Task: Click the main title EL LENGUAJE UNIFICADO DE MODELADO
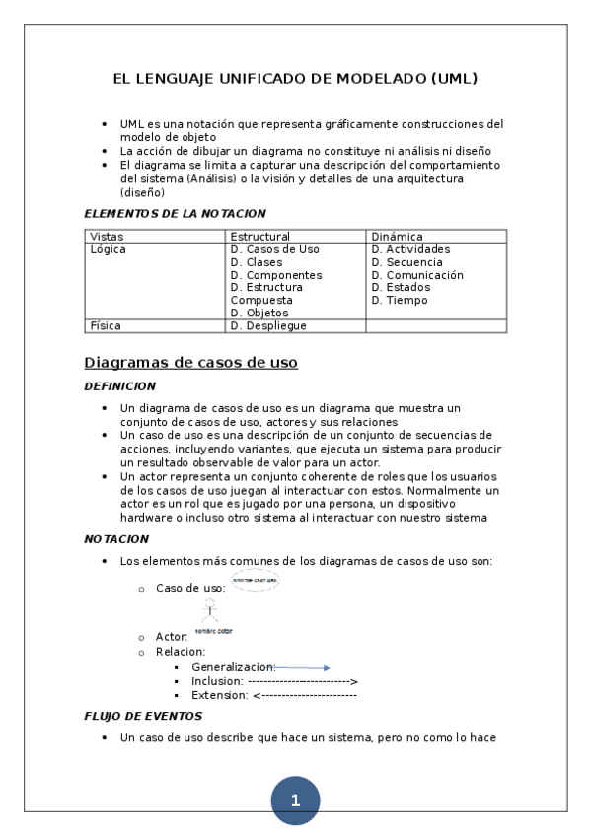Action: (x=295, y=79)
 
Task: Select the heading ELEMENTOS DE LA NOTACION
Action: (x=175, y=213)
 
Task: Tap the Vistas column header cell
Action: (x=108, y=237)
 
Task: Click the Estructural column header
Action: (x=259, y=237)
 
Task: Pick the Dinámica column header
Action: (x=397, y=237)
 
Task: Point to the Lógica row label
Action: (x=108, y=249)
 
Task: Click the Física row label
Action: (x=106, y=325)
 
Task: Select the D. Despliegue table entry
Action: (x=268, y=325)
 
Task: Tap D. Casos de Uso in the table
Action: (x=274, y=249)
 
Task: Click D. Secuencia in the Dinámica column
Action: (x=406, y=262)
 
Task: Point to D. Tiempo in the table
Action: (x=400, y=300)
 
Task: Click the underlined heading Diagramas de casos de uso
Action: (x=191, y=363)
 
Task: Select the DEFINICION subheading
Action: (x=119, y=386)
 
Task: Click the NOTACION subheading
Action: (x=116, y=539)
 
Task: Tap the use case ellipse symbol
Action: (x=255, y=581)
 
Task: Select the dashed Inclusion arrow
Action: (x=303, y=681)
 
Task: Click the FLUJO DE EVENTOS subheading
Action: (x=143, y=716)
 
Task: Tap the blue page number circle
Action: (x=295, y=801)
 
